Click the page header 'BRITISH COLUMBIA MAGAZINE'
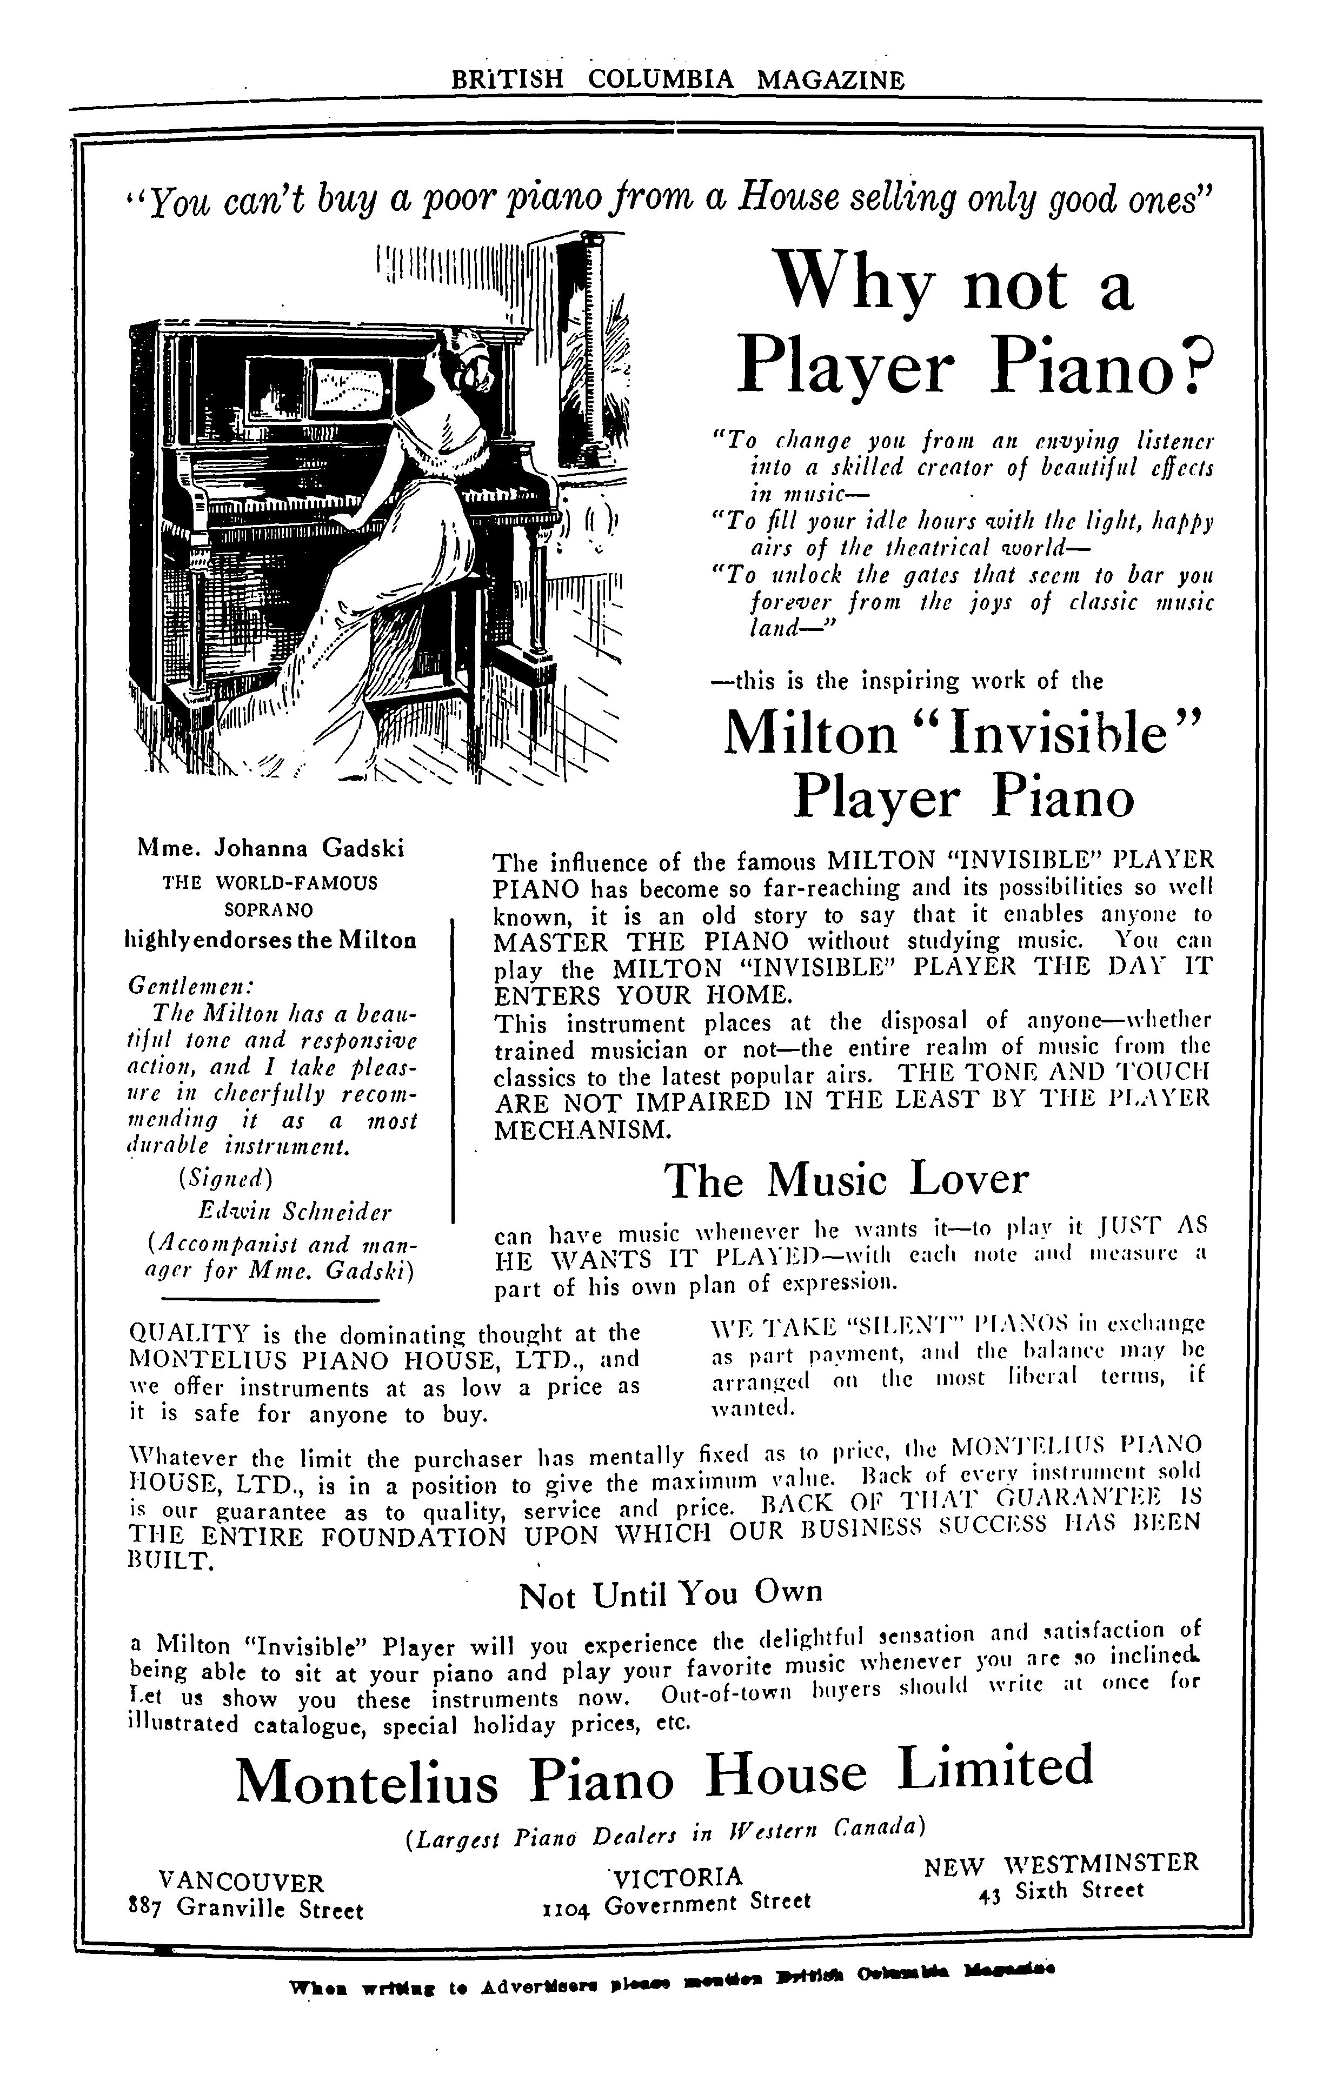677,81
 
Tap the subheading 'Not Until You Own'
670,1593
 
